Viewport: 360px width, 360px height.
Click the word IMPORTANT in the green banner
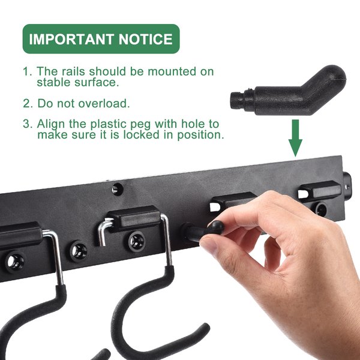pos(71,39)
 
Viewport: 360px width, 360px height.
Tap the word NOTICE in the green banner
pos(146,39)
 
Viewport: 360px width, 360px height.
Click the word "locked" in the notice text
pos(141,134)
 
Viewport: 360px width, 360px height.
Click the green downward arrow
pos(295,138)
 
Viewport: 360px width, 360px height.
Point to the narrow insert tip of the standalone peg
pos(236,100)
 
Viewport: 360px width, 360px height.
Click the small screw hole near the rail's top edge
pos(118,190)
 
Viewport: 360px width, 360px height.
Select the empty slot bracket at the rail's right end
pos(320,191)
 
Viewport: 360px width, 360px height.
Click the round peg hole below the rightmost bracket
pos(320,209)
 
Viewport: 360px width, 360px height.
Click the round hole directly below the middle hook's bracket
pos(137,241)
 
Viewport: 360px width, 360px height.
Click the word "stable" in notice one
pos(54,82)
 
